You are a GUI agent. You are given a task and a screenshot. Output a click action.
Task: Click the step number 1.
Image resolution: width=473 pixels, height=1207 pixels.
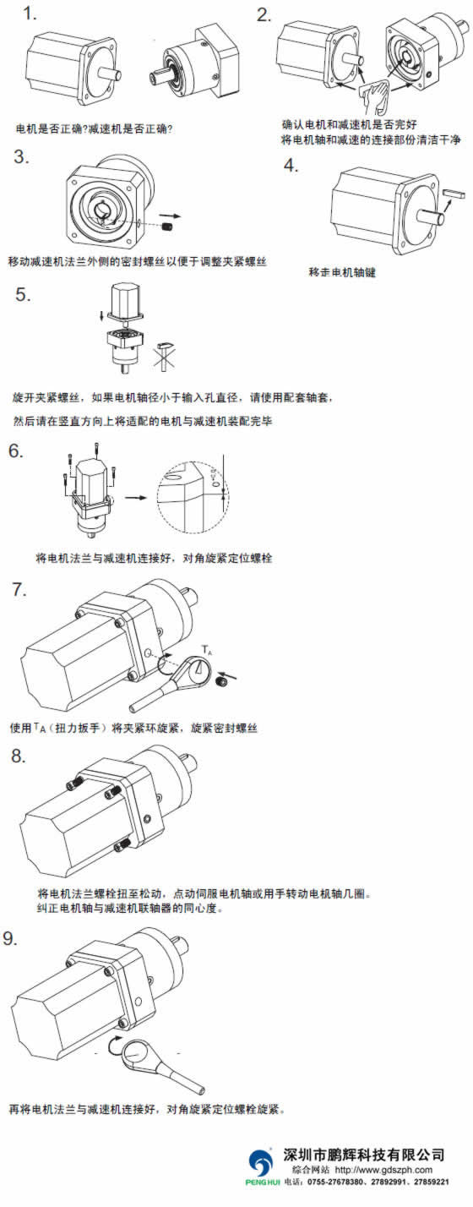(x=30, y=14)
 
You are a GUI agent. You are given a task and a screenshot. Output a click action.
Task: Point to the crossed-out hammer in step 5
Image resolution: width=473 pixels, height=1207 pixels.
(x=166, y=355)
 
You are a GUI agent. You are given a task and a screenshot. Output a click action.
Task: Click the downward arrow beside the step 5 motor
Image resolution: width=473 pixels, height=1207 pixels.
(x=101, y=314)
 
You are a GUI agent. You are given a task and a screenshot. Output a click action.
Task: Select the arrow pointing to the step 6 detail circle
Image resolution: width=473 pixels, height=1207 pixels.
(x=135, y=497)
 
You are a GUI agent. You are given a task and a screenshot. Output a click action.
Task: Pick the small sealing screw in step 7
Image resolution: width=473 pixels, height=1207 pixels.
(x=220, y=683)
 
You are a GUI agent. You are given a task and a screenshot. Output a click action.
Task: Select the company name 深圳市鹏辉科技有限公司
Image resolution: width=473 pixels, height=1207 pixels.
(x=364, y=1154)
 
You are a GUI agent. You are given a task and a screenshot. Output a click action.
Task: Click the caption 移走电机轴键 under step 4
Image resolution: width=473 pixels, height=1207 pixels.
(x=342, y=272)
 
